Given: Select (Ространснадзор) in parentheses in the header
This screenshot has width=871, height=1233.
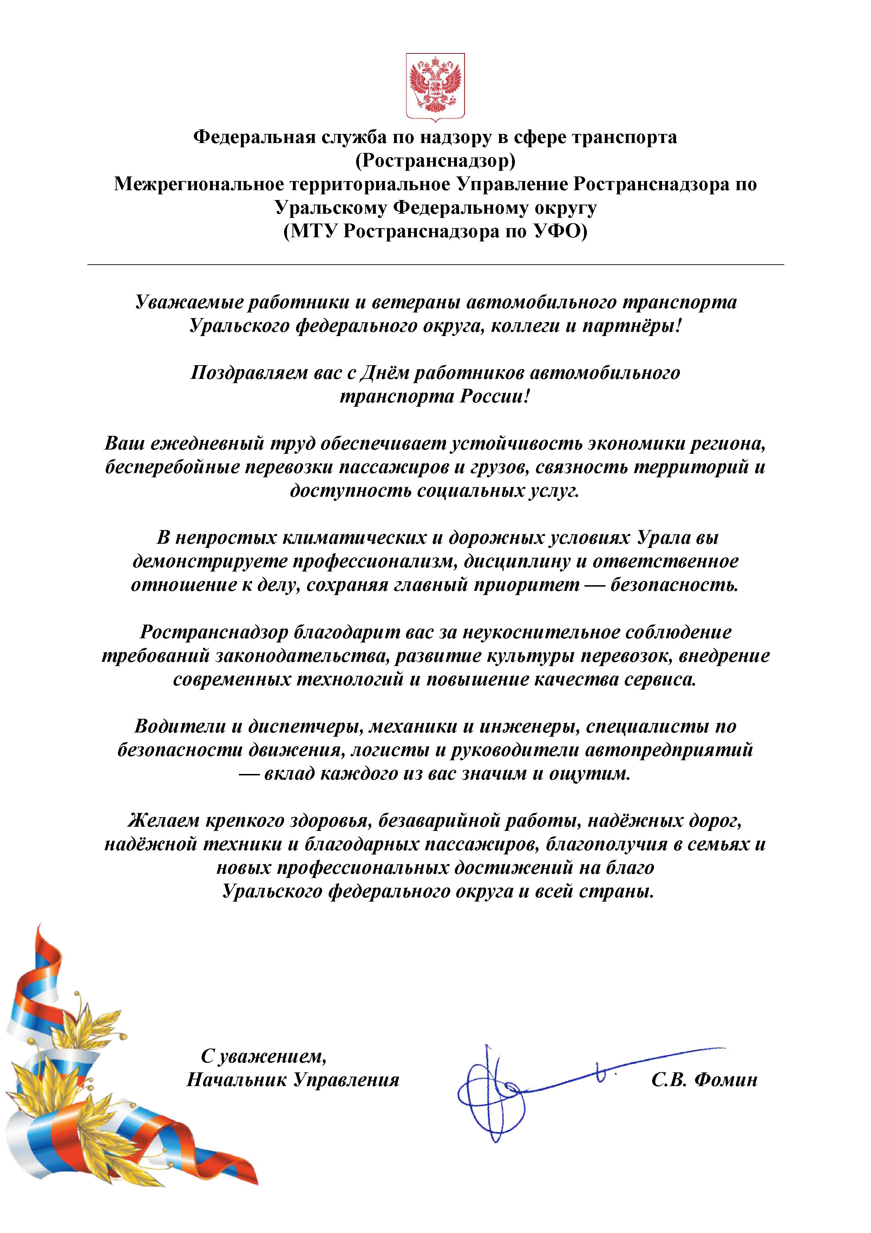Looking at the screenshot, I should pyautogui.click(x=435, y=161).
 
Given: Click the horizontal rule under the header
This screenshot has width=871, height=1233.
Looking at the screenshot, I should pyautogui.click(x=435, y=264).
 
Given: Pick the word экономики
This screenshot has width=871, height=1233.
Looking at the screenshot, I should pyautogui.click(x=635, y=444).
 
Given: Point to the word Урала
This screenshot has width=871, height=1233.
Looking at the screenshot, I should pyautogui.click(x=664, y=537).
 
